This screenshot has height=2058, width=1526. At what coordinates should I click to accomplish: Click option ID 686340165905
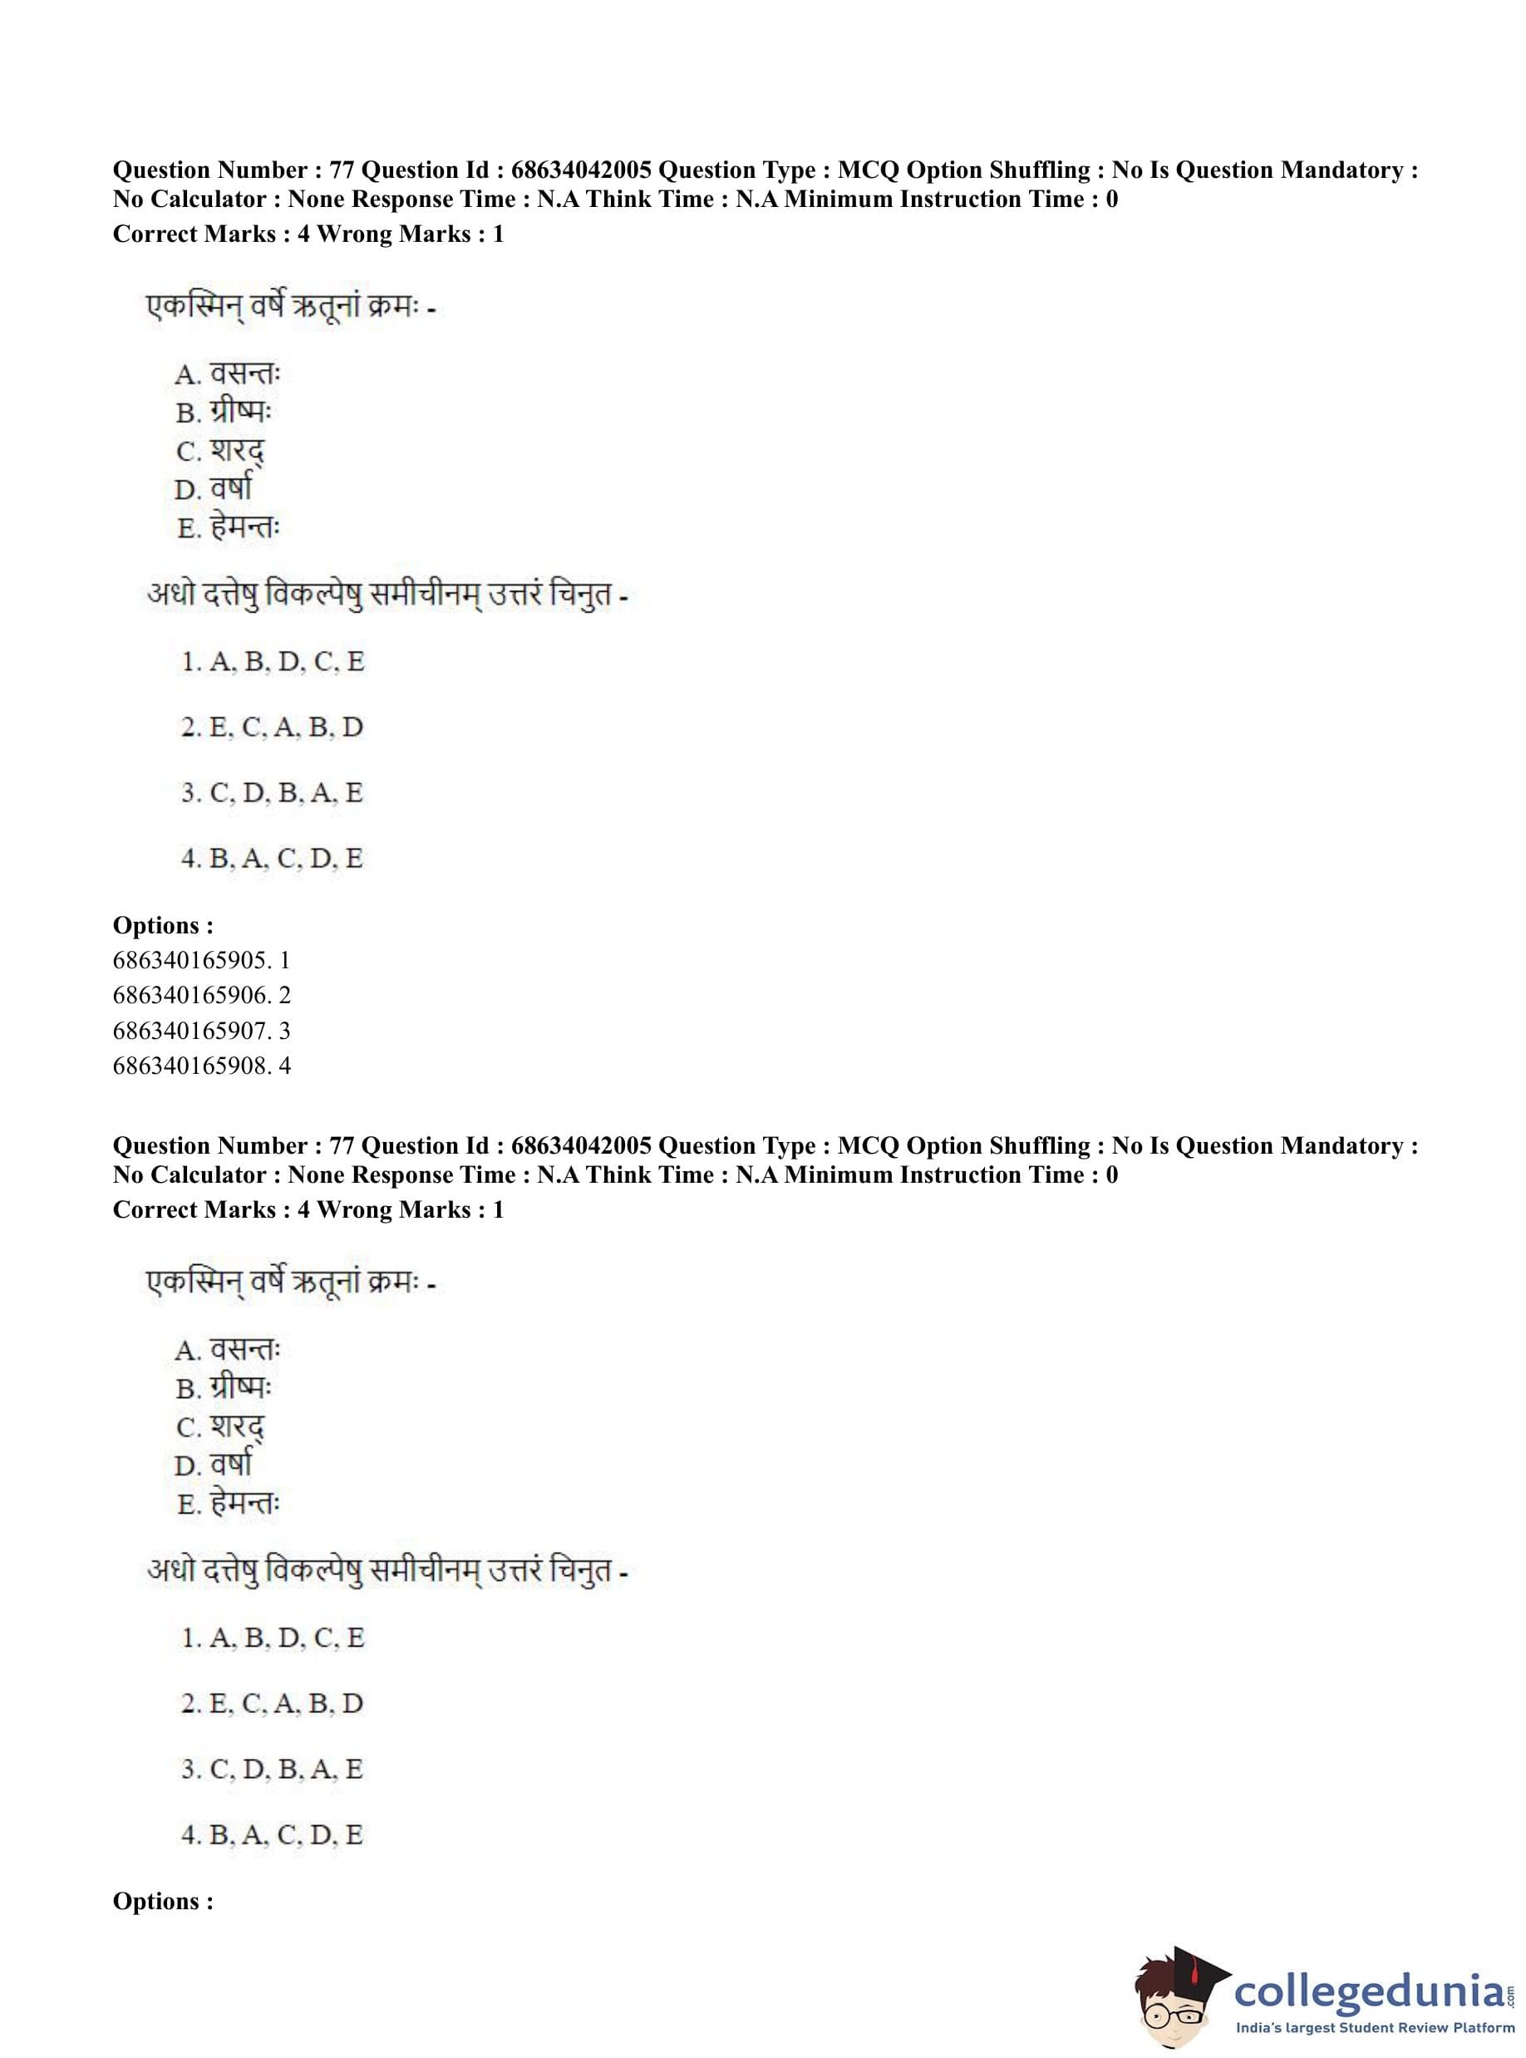pos(201,961)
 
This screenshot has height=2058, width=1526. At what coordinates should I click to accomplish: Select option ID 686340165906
pos(201,996)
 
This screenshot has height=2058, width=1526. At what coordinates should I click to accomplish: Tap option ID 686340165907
pos(201,1031)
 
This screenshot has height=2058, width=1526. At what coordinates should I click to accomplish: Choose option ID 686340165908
pos(201,1066)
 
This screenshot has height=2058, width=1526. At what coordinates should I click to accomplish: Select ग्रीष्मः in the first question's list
pos(240,412)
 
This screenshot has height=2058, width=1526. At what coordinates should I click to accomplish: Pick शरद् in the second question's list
pos(238,1428)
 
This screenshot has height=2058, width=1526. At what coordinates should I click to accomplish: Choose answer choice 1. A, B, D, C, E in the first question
pos(273,662)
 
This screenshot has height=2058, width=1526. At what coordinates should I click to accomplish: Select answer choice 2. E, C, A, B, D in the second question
pos(273,1703)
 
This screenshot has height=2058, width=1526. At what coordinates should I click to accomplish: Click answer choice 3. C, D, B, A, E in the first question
pos(273,794)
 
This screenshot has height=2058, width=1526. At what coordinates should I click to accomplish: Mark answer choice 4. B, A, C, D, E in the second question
pos(273,1834)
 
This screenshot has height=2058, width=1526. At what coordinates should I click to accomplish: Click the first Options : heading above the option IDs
pos(163,926)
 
